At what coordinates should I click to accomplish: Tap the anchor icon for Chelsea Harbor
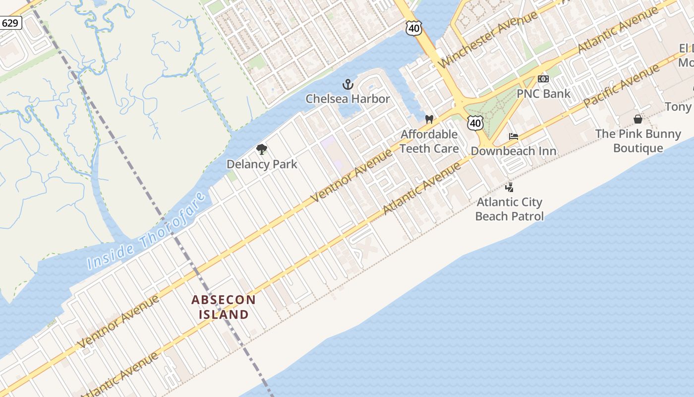348,84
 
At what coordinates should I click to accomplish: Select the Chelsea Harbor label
347,99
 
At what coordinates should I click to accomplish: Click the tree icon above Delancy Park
262,149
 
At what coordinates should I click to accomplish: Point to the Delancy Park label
262,164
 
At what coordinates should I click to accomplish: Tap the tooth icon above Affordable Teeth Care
429,120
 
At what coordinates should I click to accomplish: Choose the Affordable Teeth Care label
429,141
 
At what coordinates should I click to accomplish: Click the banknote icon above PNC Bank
543,79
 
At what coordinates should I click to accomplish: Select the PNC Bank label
543,93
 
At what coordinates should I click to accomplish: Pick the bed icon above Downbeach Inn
514,136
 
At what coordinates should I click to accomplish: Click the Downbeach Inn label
514,151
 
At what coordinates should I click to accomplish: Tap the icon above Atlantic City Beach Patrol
509,188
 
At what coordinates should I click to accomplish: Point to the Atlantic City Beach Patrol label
509,209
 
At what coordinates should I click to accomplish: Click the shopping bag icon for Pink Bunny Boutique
638,119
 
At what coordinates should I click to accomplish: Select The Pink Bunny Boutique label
638,141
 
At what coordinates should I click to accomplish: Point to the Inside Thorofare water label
147,232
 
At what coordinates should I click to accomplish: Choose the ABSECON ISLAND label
224,307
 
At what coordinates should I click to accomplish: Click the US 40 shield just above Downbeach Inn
475,123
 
